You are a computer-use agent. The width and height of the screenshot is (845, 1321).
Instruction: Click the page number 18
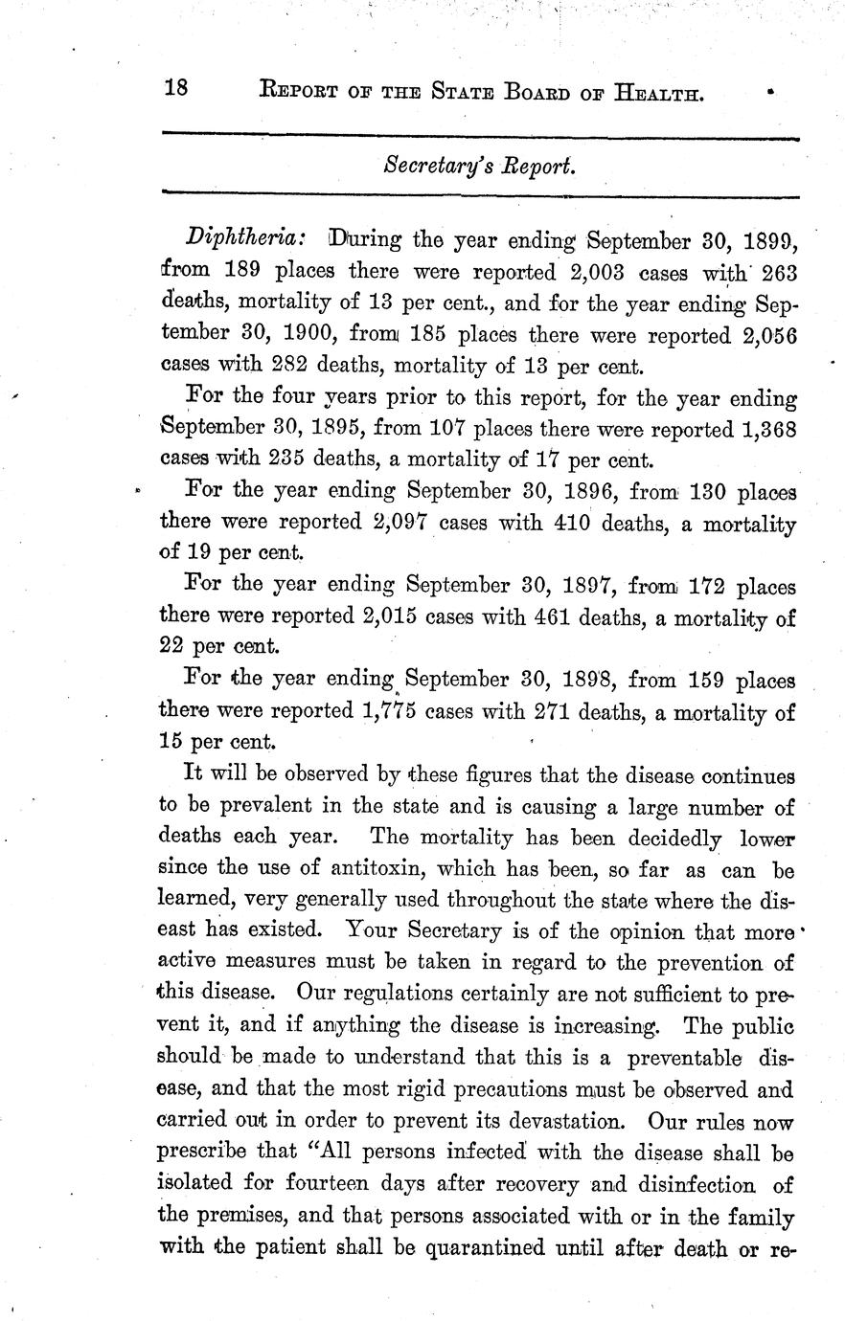click(176, 89)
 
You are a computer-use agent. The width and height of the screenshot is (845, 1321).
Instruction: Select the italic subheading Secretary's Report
click(479, 166)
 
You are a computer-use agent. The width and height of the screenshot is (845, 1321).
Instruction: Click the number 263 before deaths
click(771, 271)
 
